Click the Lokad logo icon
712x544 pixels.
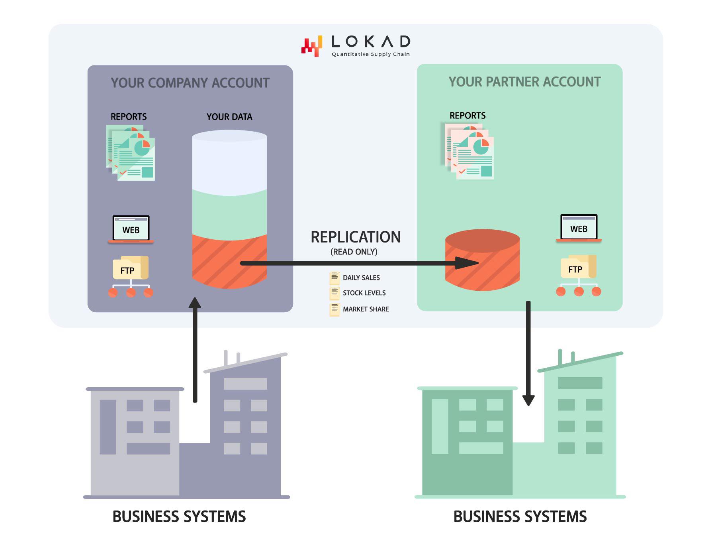(311, 47)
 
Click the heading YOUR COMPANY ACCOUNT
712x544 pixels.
(190, 83)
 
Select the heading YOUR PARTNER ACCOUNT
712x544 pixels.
(524, 82)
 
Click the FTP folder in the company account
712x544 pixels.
(131, 268)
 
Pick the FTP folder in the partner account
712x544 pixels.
(578, 268)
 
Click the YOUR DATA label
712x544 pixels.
(229, 117)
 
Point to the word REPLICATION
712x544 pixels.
(356, 237)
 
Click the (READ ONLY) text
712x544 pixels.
(354, 252)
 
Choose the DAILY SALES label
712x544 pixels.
(361, 278)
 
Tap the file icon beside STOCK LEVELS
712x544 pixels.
(334, 293)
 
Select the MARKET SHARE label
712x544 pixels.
(366, 309)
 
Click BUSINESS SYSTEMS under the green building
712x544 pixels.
(520, 516)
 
